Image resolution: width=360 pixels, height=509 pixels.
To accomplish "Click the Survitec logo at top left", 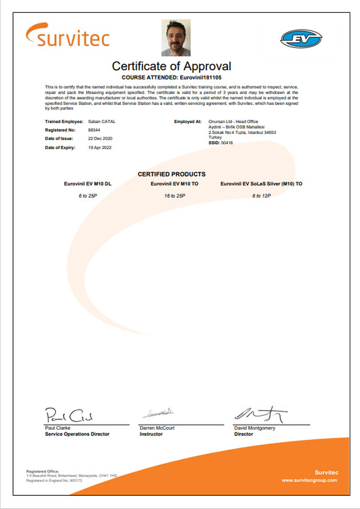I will [67, 35].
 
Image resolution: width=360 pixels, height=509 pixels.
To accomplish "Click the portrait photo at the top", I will [176, 38].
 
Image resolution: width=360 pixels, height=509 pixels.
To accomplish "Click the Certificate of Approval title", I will [171, 66].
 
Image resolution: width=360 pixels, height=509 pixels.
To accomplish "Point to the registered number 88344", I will [94, 130].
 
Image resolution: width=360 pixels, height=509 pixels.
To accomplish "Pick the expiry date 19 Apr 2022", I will [101, 148].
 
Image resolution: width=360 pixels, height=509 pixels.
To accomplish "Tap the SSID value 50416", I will [227, 142].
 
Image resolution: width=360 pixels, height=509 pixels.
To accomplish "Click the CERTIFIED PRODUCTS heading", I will [171, 174].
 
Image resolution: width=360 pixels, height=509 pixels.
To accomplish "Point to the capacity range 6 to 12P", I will [261, 195].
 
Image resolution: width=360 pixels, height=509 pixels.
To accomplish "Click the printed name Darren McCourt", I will [157, 428].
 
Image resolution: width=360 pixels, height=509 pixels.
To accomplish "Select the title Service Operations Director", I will [77, 434].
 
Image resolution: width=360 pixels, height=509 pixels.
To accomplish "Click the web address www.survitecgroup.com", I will [309, 480].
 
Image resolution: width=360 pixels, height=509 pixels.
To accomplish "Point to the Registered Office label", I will [43, 471].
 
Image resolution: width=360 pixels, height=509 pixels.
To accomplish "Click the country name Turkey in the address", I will [215, 137].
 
